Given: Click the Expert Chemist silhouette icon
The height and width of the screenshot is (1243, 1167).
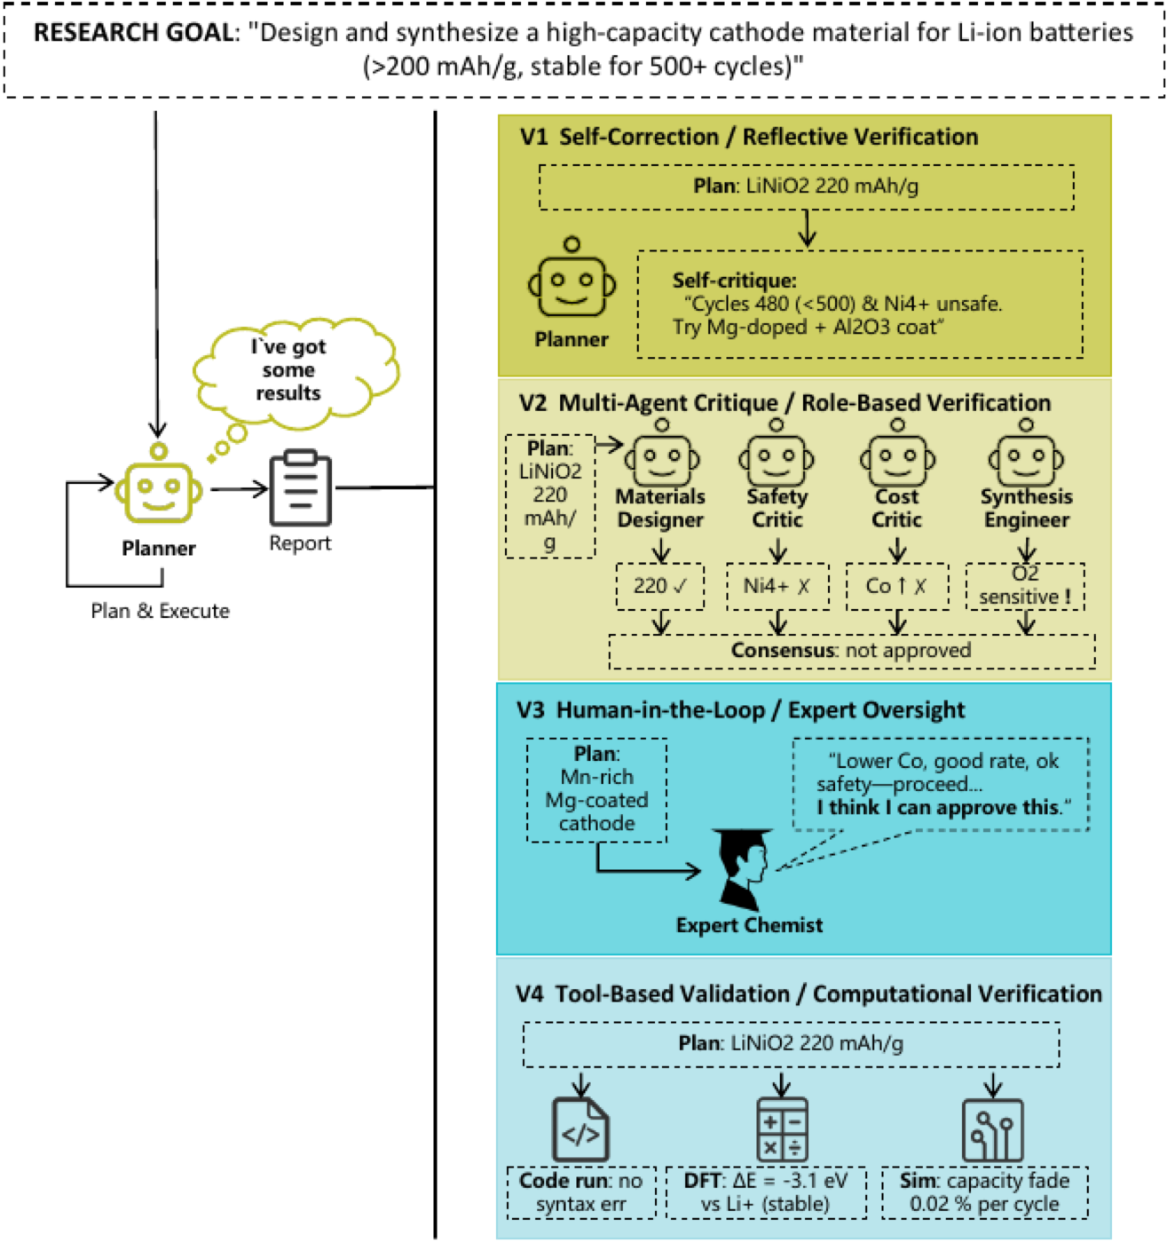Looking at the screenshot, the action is click(x=744, y=869).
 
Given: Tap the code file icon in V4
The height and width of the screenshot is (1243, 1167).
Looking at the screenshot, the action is click(x=580, y=1129).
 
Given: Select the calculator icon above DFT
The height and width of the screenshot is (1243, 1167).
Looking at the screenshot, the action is click(x=782, y=1129).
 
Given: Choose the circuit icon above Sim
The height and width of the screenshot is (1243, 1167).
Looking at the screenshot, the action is click(x=992, y=1129).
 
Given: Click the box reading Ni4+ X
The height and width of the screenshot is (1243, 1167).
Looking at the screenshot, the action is click(x=777, y=587).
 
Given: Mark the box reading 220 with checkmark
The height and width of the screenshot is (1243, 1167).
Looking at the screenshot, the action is click(x=660, y=587).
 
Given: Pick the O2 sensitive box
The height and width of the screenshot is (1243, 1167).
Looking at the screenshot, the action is click(x=1025, y=587).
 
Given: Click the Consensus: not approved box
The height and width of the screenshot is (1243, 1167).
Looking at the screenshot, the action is click(x=852, y=651).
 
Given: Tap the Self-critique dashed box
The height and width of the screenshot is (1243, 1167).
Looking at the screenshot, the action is click(x=861, y=305).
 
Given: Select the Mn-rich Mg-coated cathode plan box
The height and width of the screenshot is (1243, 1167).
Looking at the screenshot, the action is click(x=597, y=790).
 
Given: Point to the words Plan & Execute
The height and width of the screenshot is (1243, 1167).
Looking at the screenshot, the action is click(x=161, y=611).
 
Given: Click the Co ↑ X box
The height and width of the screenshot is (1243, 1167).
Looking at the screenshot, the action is click(x=897, y=587).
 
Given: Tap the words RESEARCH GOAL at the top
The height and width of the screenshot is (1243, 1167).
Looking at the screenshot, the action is click(x=134, y=33).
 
